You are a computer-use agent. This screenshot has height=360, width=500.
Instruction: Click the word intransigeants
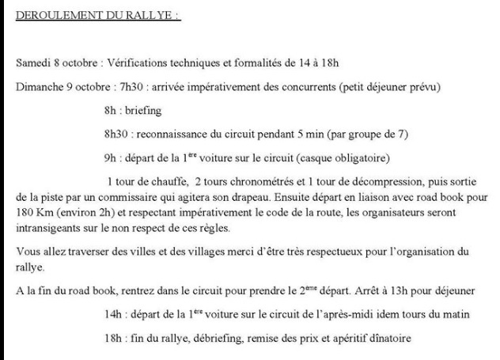pos(48,229)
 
